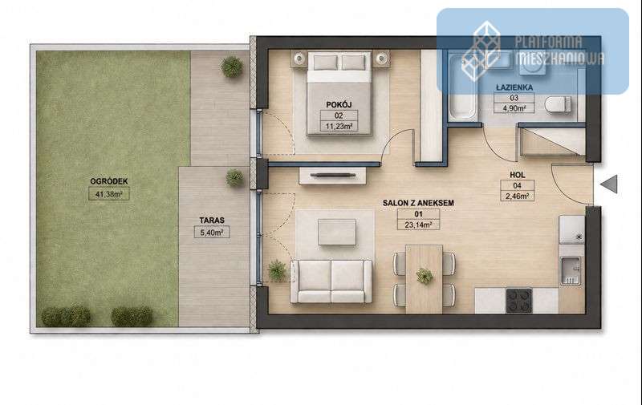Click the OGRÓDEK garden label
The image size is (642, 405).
[109, 181]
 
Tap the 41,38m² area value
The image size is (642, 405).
[109, 194]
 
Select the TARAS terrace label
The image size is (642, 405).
[212, 220]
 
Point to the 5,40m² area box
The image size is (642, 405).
[212, 233]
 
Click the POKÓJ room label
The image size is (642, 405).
[339, 105]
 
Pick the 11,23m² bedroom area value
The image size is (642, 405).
[339, 127]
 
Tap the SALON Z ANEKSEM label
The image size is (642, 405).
[418, 203]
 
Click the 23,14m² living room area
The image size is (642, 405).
[418, 225]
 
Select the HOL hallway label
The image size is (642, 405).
[517, 175]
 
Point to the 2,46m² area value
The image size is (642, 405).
[518, 196]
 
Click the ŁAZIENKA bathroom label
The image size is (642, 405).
[514, 87]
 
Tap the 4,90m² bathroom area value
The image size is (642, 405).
[514, 108]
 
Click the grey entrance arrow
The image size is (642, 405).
[609, 184]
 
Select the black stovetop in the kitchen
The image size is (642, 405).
[519, 301]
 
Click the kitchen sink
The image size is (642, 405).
[570, 270]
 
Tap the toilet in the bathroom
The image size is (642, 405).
[558, 104]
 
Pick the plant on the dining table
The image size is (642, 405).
[425, 276]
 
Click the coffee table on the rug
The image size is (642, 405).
[337, 233]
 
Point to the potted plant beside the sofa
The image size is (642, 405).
[277, 270]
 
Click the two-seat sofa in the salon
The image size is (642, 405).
[331, 281]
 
